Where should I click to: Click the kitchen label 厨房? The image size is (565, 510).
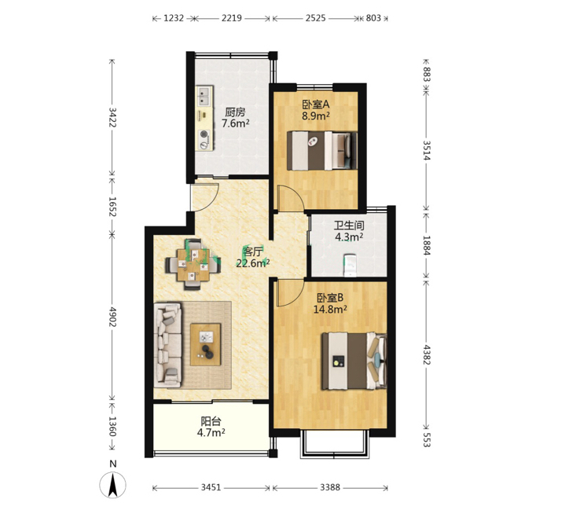click(235, 112)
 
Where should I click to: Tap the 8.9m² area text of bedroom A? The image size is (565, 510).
click(316, 116)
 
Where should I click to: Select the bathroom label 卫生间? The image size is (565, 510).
click(349, 226)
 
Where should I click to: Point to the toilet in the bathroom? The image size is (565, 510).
click(350, 266)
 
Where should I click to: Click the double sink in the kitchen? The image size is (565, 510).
click(204, 96)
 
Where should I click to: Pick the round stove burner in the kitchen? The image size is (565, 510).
click(204, 134)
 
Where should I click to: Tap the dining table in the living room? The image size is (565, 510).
click(193, 266)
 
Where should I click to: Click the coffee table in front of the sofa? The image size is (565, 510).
click(205, 344)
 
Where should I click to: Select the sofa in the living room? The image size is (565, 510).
click(167, 345)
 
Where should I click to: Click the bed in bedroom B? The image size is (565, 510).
click(354, 361)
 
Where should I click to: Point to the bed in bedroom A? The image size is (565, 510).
click(322, 151)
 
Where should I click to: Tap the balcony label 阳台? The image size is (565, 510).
click(211, 421)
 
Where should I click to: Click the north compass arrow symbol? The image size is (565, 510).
click(113, 485)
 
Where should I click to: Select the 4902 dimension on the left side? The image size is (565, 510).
click(112, 317)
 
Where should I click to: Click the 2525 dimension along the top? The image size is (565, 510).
click(316, 18)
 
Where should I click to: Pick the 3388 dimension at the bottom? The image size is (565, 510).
click(330, 488)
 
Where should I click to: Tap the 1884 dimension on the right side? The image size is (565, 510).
click(427, 245)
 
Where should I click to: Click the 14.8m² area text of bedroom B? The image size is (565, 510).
click(330, 309)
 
